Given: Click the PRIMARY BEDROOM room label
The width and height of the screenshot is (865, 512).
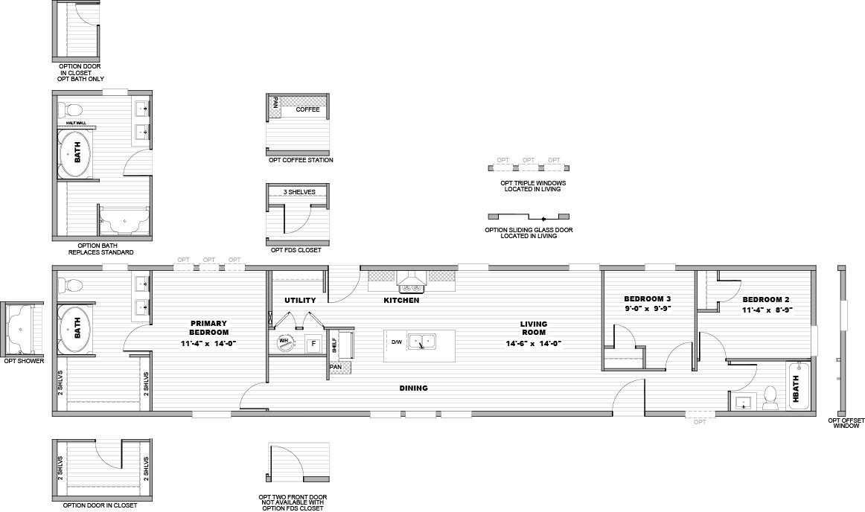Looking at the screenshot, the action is tap(208, 327).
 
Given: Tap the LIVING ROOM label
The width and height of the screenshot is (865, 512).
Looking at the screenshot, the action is tap(534, 328).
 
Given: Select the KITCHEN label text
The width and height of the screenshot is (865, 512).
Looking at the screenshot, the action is tap(402, 301).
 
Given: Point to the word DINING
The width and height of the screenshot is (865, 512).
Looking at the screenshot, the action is tap(413, 388).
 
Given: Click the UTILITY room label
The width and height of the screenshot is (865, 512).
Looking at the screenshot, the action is tap(300, 301).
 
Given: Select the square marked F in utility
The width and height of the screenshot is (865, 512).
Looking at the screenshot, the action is tap(313, 344).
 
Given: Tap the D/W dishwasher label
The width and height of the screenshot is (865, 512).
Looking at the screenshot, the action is tap(397, 342).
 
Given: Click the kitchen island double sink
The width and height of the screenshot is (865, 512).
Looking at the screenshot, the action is tap(422, 342).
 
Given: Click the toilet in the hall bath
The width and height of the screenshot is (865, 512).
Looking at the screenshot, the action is tap(770, 398).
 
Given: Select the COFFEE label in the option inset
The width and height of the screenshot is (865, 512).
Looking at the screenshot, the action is tap(307, 110).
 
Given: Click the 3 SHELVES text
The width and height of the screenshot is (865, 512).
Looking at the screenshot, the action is tap(299, 192).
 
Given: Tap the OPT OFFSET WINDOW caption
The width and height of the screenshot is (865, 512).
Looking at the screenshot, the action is tap(846, 423).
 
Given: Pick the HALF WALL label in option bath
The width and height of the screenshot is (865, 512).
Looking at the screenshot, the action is tap(76, 123).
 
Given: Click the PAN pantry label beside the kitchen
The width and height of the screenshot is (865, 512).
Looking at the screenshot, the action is tap(336, 367).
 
